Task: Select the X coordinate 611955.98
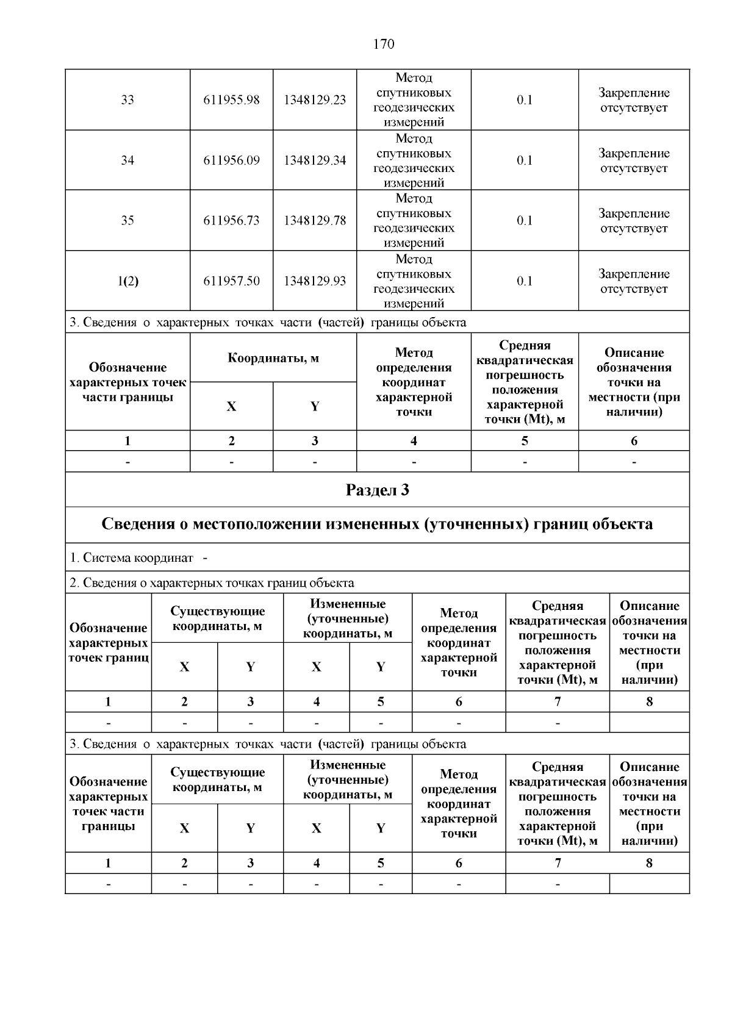[x=231, y=100]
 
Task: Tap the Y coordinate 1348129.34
[x=315, y=160]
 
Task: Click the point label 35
[x=127, y=221]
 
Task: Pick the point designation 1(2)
[x=127, y=281]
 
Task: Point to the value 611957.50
[x=231, y=281]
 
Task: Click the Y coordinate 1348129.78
[x=315, y=221]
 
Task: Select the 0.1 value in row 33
[x=525, y=100]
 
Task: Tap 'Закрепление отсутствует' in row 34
[x=634, y=160]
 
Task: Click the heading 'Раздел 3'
[x=377, y=490]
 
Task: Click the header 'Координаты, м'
[x=273, y=358]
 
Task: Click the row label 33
[x=127, y=100]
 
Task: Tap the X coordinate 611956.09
[x=231, y=160]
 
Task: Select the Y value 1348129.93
[x=315, y=281]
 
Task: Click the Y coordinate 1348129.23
[x=315, y=100]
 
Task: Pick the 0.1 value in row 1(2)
[x=525, y=281]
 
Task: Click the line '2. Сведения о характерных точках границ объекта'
[x=212, y=583]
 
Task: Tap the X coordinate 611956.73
[x=231, y=221]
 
